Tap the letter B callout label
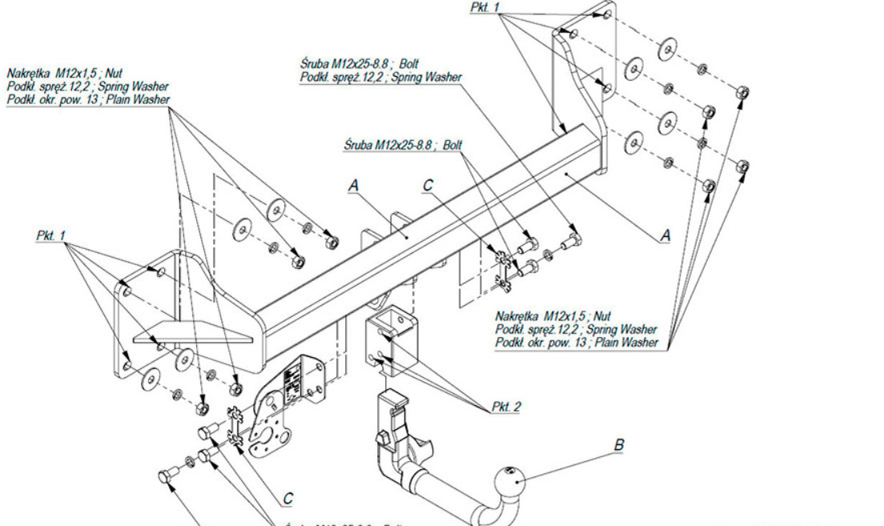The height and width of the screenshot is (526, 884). (x=618, y=444)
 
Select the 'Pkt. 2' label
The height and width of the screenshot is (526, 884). (x=506, y=407)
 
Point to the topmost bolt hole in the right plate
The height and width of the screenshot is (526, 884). (x=608, y=14)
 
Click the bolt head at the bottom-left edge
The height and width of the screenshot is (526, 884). (x=166, y=477)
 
